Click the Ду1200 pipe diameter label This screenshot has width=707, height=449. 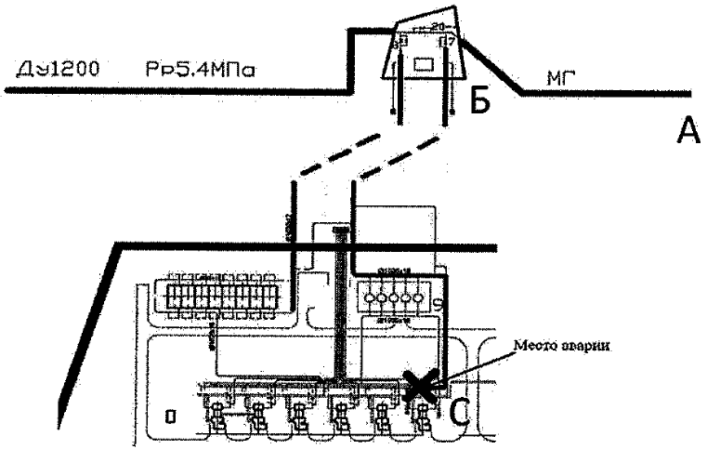tap(59, 71)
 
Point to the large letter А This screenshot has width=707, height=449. tap(687, 134)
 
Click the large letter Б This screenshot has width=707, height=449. tap(478, 101)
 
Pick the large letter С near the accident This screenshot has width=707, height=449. tap(459, 409)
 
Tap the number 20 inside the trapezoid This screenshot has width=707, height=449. tap(439, 28)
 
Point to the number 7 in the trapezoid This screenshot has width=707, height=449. tap(451, 42)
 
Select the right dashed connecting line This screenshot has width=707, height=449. tap(399, 158)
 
